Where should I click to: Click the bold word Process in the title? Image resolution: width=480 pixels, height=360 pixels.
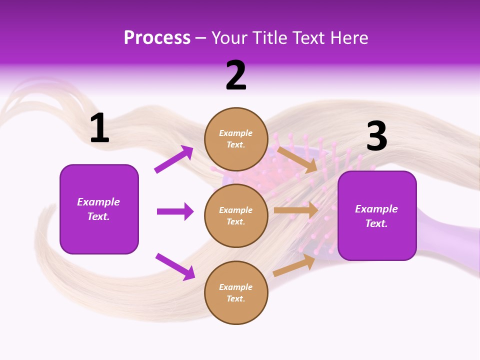[157, 38]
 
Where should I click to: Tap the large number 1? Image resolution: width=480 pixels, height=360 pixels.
[99, 128]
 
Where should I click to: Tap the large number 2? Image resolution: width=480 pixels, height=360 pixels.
[236, 76]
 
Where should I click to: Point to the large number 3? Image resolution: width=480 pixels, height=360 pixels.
[376, 136]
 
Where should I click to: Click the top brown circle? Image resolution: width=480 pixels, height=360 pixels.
[236, 139]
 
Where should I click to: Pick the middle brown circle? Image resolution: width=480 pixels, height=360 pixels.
[236, 215]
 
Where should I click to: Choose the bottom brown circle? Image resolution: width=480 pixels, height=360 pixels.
[236, 292]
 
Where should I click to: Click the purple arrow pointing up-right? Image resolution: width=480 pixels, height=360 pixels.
[174, 159]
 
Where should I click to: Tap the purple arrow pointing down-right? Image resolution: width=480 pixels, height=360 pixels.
[175, 266]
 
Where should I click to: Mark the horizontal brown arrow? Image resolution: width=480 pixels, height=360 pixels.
[296, 210]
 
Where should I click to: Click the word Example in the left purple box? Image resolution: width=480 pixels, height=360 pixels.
[98, 202]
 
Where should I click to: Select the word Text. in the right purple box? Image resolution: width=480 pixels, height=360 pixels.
[376, 223]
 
